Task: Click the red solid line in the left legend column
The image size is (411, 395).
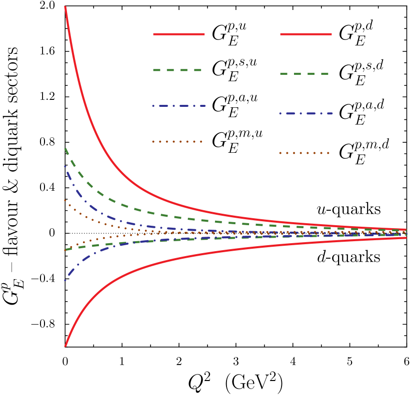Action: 178,34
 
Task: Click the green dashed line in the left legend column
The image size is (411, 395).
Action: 177,70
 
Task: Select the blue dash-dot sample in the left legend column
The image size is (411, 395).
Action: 178,106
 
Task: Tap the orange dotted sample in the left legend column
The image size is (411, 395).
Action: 177,141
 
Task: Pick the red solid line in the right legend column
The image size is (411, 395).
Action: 305,34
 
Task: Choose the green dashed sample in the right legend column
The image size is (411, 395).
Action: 304,73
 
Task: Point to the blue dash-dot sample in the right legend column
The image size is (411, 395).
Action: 305,113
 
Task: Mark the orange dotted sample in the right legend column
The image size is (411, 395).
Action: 304,153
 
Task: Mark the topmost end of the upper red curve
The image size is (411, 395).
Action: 65,7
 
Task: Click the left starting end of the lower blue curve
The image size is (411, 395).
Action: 65,280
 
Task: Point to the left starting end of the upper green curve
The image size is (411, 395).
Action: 65,148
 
